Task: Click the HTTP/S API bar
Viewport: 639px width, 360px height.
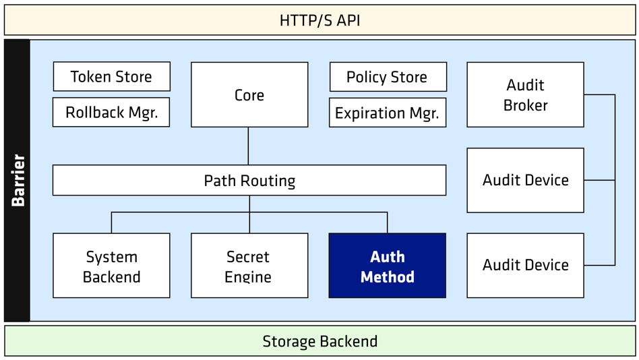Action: click(x=319, y=20)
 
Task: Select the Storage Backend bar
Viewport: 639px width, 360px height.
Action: click(x=319, y=341)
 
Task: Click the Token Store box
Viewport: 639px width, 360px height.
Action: click(x=112, y=76)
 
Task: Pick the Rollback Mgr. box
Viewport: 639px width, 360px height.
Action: click(x=111, y=112)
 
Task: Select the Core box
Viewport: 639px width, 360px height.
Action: click(x=249, y=94)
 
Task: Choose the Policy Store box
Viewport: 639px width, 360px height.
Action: click(x=388, y=77)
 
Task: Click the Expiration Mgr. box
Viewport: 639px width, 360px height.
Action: click(x=388, y=113)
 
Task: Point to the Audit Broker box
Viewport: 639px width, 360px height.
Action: click(x=525, y=94)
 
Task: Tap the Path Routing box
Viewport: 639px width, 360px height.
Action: click(x=249, y=180)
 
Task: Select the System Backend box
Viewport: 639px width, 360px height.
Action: click(x=111, y=266)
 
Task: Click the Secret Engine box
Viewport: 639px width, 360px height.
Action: click(x=249, y=266)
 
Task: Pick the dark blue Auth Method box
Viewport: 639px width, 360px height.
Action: click(x=388, y=266)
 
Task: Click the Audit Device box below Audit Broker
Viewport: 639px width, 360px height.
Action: click(x=525, y=180)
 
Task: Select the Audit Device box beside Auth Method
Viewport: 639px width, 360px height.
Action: click(x=525, y=266)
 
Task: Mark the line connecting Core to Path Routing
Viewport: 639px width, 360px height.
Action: click(x=248, y=146)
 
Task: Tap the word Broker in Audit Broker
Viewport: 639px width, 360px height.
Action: click(x=525, y=105)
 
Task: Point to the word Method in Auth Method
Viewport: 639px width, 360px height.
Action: click(x=388, y=277)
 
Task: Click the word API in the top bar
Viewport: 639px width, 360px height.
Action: click(x=348, y=20)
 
